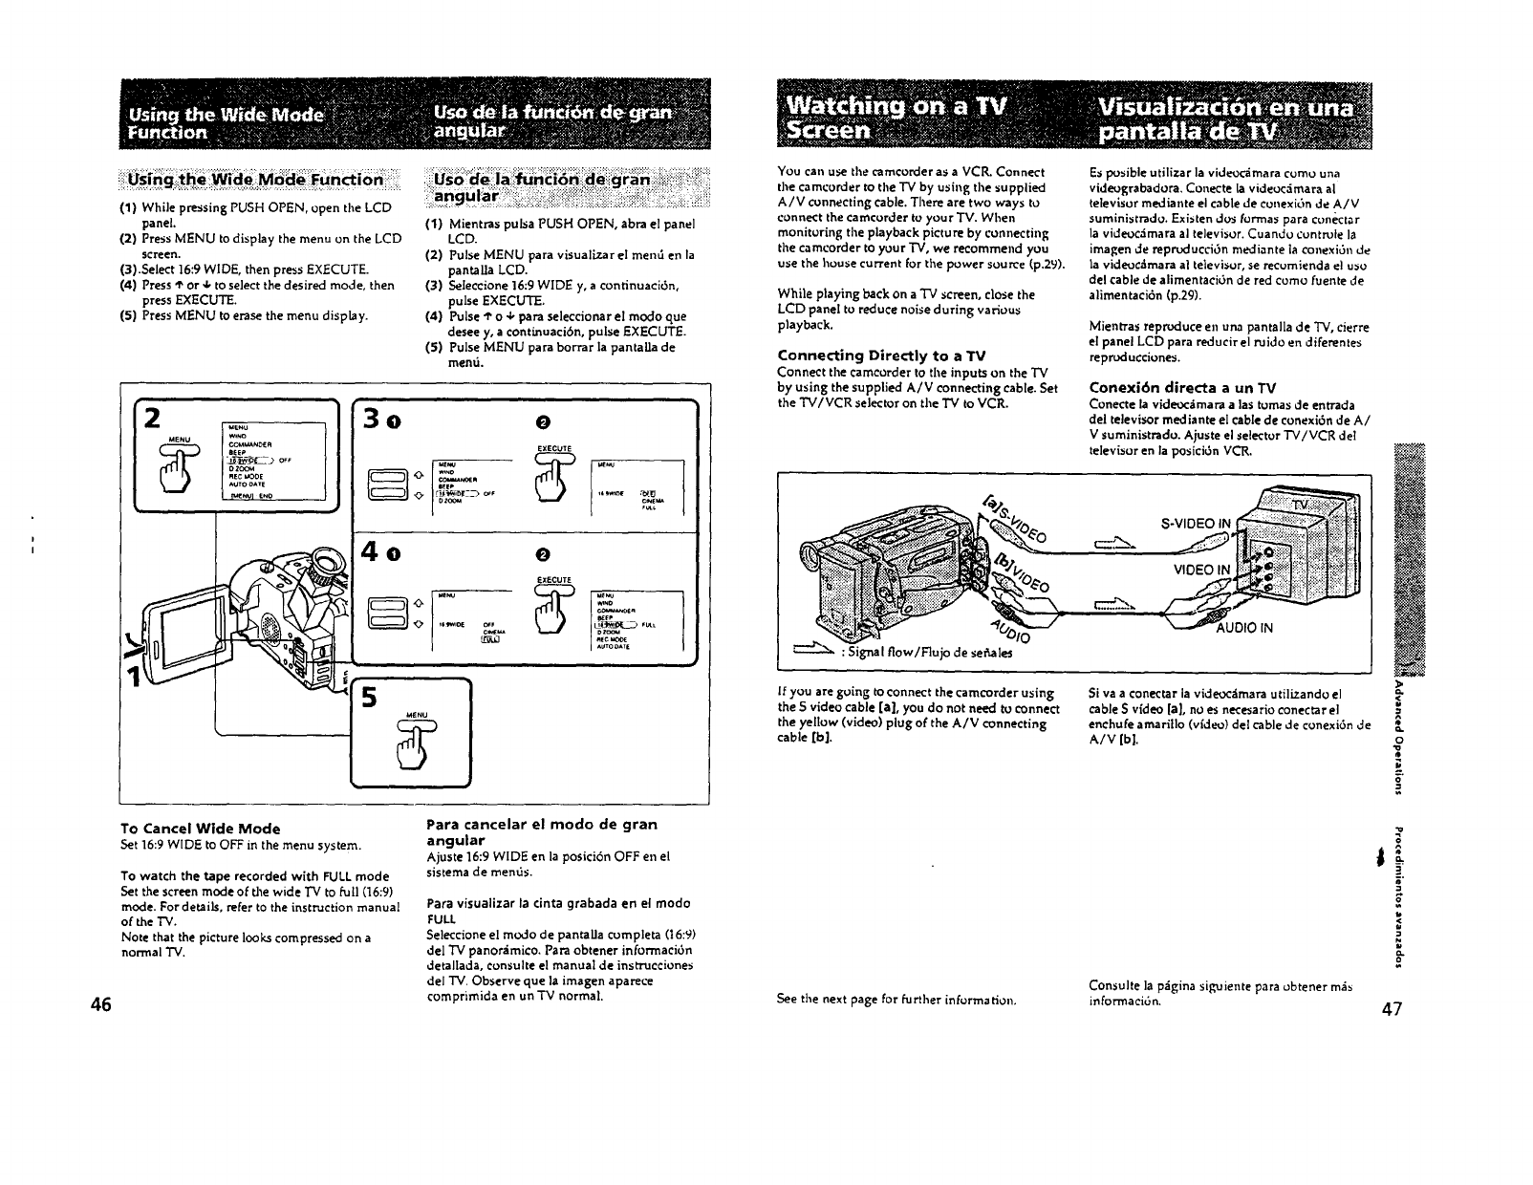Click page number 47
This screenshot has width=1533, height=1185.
[1391, 1010]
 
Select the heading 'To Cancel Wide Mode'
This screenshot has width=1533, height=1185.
[200, 829]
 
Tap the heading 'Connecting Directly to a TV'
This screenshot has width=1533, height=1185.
[882, 355]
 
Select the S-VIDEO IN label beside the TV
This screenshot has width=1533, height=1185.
[1198, 523]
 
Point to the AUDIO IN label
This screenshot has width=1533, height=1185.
[1244, 629]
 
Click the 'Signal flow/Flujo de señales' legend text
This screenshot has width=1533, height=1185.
[911, 654]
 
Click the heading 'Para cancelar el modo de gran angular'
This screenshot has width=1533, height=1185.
[541, 831]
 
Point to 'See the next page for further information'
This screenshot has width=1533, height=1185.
[896, 1000]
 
